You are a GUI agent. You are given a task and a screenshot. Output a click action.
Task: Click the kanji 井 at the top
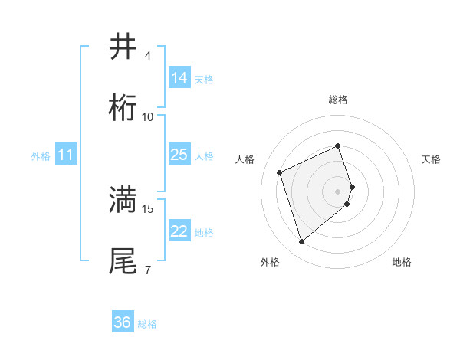(x=123, y=47)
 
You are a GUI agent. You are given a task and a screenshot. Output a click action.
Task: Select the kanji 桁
(x=123, y=108)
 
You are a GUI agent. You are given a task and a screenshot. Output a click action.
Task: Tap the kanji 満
(x=123, y=199)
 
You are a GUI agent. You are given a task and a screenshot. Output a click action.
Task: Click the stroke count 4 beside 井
(x=148, y=56)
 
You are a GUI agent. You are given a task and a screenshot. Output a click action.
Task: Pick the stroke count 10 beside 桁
(x=148, y=117)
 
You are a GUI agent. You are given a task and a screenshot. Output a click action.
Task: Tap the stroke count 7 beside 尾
(x=148, y=270)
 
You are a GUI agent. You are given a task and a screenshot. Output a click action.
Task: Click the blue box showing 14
(x=179, y=78)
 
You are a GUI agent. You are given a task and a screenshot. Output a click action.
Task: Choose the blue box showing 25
(x=179, y=155)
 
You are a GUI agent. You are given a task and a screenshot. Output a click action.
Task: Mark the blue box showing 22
(x=179, y=231)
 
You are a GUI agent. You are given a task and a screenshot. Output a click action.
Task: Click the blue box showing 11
(x=66, y=155)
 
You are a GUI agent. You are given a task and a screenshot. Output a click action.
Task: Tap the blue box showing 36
(x=123, y=322)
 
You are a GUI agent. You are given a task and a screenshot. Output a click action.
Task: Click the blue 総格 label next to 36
(x=147, y=324)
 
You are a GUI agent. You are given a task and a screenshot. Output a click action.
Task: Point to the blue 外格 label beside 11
(x=41, y=156)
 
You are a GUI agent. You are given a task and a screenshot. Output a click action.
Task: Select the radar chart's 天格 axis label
(x=432, y=159)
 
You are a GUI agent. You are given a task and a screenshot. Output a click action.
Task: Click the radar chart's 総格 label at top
(x=338, y=100)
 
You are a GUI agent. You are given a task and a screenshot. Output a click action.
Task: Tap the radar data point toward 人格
(x=281, y=172)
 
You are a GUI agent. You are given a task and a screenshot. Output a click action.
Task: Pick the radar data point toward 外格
(x=301, y=242)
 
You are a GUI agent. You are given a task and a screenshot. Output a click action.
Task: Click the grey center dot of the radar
(x=338, y=191)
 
